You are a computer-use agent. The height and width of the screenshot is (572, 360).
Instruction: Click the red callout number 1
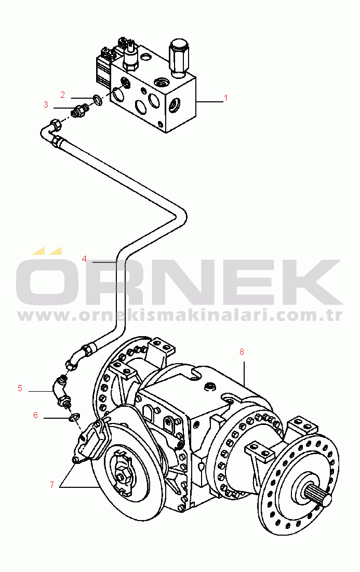pyautogui.click(x=225, y=98)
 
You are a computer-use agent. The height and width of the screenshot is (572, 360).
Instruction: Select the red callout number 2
pyautogui.click(x=62, y=95)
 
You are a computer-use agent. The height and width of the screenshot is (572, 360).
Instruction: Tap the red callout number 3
pyautogui.click(x=46, y=104)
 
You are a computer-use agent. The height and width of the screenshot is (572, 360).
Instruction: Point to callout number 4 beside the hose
pyautogui.click(x=84, y=258)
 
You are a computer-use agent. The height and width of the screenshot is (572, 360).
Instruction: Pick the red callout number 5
pyautogui.click(x=20, y=388)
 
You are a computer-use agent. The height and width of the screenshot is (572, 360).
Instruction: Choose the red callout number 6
pyautogui.click(x=35, y=415)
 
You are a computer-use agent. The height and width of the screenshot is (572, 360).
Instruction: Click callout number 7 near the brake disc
pyautogui.click(x=52, y=485)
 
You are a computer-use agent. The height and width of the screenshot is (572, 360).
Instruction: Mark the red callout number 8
pyautogui.click(x=242, y=352)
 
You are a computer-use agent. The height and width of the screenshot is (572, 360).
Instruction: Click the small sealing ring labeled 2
pyautogui.click(x=97, y=99)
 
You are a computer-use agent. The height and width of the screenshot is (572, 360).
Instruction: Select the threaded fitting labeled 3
pyautogui.click(x=80, y=111)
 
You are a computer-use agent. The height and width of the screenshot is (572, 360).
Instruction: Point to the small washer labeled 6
pyautogui.click(x=74, y=416)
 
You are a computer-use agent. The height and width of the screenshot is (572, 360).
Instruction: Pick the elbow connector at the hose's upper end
pyautogui.click(x=52, y=127)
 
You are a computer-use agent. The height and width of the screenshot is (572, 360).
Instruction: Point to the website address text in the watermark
pyautogui.click(x=180, y=315)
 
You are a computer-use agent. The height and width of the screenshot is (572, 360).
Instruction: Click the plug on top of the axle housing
pyautogui.click(x=210, y=387)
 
